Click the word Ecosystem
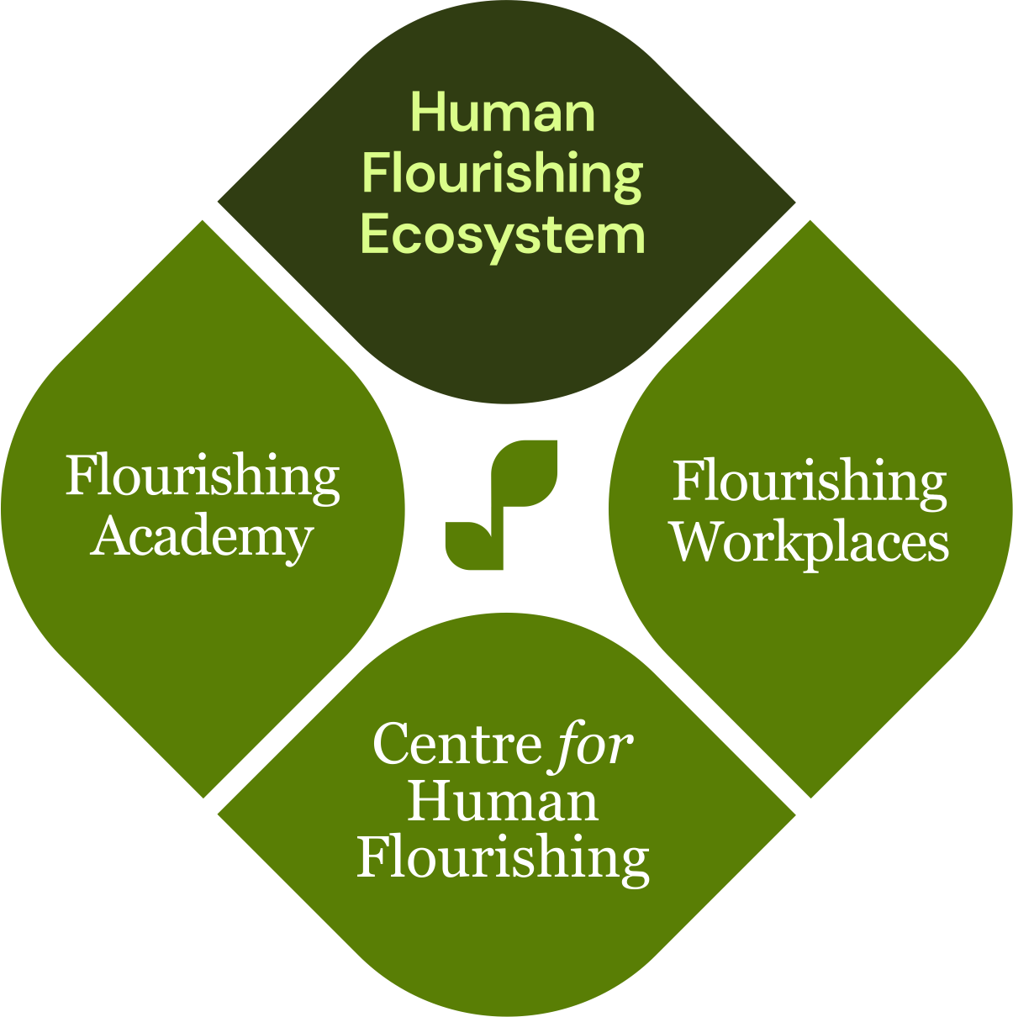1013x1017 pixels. (503, 234)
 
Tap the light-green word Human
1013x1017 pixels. (503, 112)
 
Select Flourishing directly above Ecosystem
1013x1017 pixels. (503, 174)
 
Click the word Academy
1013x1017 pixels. (202, 538)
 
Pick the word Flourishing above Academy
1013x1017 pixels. (203, 477)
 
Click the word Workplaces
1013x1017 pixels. (810, 544)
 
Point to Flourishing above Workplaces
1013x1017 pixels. (810, 482)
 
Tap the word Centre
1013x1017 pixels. (456, 744)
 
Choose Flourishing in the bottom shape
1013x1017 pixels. (503, 858)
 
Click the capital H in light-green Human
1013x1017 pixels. (428, 112)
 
